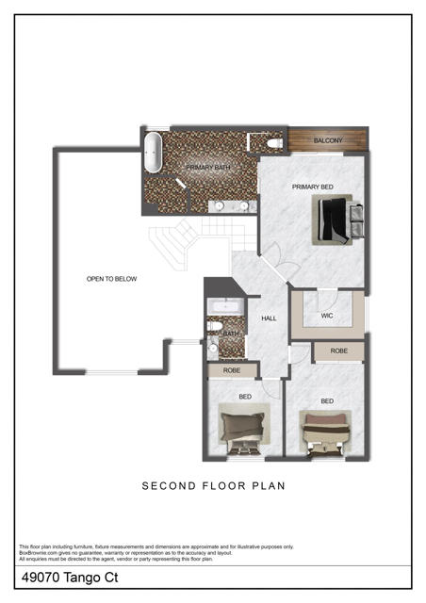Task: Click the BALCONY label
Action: click(329, 140)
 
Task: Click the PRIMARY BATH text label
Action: click(206, 168)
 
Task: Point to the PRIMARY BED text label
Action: click(312, 187)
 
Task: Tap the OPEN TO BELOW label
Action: click(112, 279)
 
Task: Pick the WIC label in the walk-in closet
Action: click(327, 315)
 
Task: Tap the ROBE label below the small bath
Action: click(231, 371)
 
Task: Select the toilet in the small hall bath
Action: click(216, 328)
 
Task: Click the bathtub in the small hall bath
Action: click(226, 306)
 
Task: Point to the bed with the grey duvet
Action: click(241, 429)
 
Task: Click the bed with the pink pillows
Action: click(326, 430)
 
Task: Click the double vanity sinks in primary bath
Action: click(230, 204)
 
